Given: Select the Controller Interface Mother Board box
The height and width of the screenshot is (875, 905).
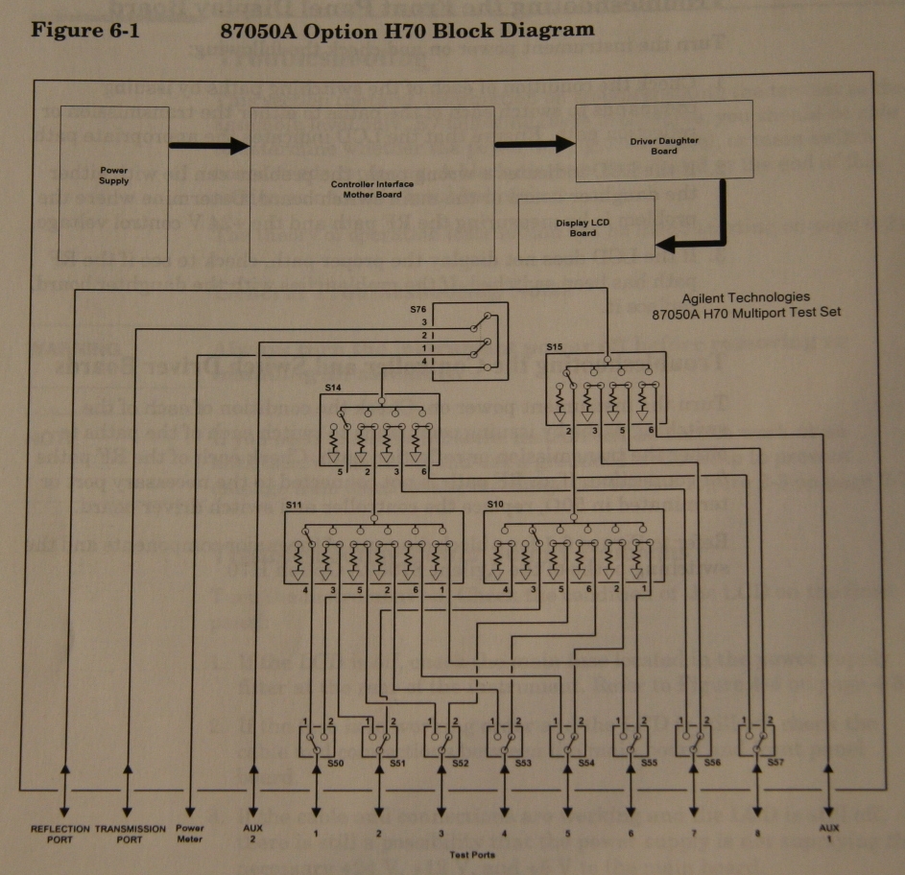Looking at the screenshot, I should coord(366,185).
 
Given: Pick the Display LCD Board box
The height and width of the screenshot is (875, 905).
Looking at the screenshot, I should coord(585,226).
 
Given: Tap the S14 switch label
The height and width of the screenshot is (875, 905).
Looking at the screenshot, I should coord(333,387).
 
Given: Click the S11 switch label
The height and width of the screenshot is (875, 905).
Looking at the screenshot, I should coord(294,503).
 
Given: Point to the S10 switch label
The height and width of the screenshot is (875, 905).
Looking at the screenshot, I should coord(494,503).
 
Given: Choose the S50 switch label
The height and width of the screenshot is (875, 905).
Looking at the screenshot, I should coord(335,762).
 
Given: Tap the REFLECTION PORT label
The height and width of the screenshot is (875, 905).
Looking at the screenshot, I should coord(60,833).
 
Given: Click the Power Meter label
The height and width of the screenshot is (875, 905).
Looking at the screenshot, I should coord(190,833).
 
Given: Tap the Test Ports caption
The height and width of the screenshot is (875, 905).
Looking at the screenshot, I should coord(472,853).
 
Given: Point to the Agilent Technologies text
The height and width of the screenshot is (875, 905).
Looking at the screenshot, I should coord(746,297).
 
